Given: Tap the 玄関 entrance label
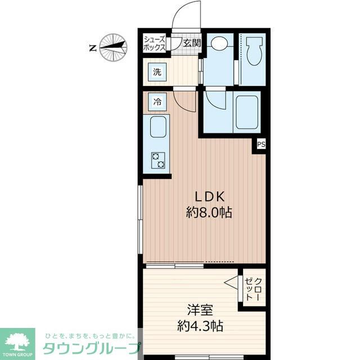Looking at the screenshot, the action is pos(192,43).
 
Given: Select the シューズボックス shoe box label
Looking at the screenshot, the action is pos(154,44).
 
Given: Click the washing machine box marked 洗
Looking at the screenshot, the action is pos(157,72).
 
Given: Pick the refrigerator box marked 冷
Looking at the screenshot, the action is pos(157,101).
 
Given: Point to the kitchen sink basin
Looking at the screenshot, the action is pos(158,127).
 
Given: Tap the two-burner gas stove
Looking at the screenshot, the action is pos(158,160).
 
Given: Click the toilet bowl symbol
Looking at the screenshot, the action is pos(254,51).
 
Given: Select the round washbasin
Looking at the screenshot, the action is pos(219,43).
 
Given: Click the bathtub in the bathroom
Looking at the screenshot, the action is pos(247,112).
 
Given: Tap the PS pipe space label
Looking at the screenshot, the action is pos(261,145).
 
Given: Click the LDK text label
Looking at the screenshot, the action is pos(210,196).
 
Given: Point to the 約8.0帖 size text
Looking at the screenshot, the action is pos(209,213).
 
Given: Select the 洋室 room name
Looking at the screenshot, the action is pos(200,310).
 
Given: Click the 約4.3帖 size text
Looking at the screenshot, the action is pos(200,326).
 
